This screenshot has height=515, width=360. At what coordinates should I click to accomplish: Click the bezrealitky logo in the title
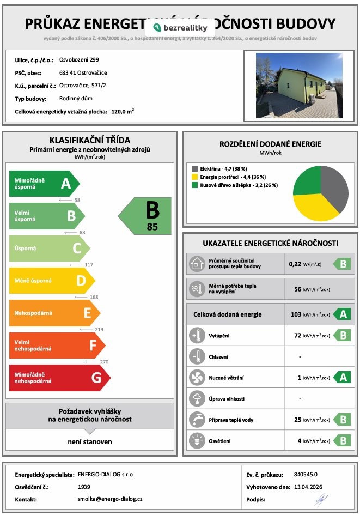(180, 27)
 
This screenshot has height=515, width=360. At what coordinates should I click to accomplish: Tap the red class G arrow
(59, 377)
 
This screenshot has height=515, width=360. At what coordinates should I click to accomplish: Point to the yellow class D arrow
(52, 281)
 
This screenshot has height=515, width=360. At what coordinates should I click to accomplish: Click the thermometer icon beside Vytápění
(195, 336)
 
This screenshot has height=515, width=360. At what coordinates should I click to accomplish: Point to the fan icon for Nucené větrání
(195, 378)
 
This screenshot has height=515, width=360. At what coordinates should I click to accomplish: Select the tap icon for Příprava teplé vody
(195, 420)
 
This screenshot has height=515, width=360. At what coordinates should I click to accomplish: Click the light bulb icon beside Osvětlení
(195, 440)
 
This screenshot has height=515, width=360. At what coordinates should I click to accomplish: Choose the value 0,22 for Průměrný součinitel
(295, 264)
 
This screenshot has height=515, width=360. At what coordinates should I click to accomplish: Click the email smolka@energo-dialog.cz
(110, 499)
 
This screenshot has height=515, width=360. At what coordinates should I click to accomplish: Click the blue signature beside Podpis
(321, 499)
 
